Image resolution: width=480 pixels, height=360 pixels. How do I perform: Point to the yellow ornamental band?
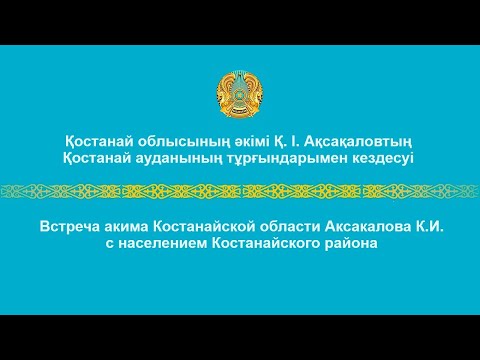[240, 190]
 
